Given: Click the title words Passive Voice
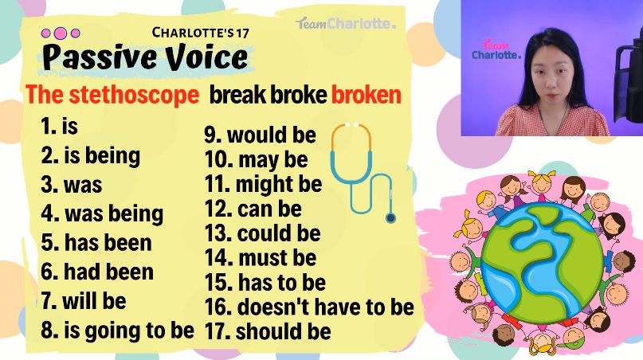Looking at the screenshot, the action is (x=145, y=57).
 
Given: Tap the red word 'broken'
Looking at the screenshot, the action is (x=366, y=95).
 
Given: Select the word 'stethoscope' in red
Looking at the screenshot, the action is (x=134, y=95).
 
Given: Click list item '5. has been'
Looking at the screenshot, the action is (x=96, y=242).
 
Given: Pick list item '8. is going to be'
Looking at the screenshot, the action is (x=117, y=331).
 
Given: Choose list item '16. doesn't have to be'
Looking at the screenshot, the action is (x=309, y=307).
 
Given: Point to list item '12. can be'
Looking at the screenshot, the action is (x=253, y=209).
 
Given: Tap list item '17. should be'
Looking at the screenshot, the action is (x=268, y=331).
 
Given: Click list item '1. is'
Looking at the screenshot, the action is (x=60, y=126).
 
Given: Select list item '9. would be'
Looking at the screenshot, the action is (x=261, y=135).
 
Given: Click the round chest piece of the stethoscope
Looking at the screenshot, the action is (x=390, y=217).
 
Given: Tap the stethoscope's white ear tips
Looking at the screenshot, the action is (x=351, y=124).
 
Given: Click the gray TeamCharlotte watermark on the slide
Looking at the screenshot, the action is (x=346, y=23).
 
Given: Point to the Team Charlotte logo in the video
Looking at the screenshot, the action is (x=496, y=49).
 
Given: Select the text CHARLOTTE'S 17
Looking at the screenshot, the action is (x=201, y=33).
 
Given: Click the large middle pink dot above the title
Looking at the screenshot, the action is (x=61, y=33).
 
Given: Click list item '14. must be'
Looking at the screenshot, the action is (x=261, y=258).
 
